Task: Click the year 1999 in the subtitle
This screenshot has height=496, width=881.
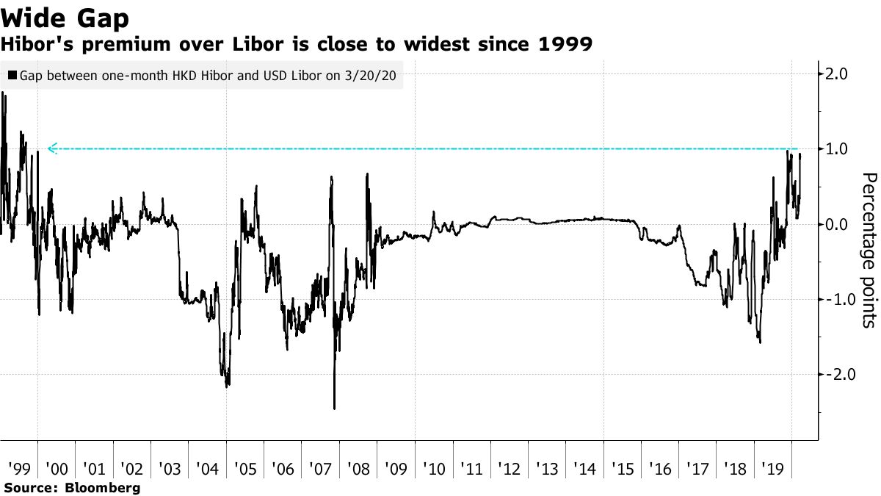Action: [x=567, y=44]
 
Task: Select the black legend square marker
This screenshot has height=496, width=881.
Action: [x=12, y=75]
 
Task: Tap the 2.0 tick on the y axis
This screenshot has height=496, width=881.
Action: [x=837, y=74]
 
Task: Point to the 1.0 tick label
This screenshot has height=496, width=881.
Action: [x=837, y=149]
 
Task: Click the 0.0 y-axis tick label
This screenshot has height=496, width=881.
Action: [x=837, y=224]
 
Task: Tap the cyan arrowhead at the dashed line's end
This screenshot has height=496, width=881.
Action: [x=51, y=148]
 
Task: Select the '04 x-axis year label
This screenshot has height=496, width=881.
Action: [x=206, y=467]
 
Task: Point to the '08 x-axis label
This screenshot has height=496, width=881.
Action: [x=358, y=467]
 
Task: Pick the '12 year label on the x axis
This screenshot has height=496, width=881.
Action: [x=509, y=467]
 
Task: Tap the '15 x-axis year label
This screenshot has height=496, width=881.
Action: [x=622, y=467]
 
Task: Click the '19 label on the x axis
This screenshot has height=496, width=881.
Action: [x=772, y=467]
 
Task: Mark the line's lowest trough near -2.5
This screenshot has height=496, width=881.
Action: [x=334, y=408]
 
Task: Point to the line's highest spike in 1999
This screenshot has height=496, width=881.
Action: [x=3, y=93]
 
